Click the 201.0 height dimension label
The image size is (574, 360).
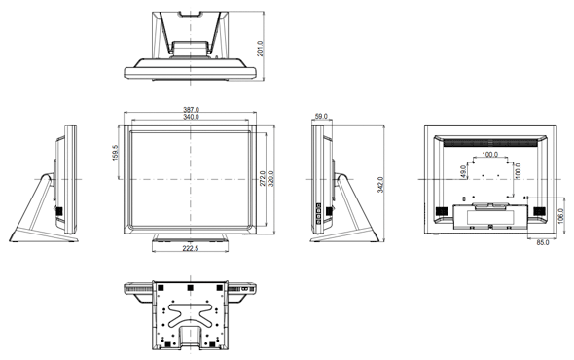pos(260,49)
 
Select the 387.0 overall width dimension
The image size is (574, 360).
pos(191,110)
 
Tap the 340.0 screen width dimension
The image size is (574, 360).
pos(191,117)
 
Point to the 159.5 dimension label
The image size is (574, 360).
pos(116,153)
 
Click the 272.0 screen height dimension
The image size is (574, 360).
pos(263,178)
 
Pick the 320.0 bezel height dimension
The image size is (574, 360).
pos(270,178)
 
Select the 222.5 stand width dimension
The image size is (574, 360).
pos(191,248)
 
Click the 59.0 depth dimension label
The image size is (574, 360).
pos(321,117)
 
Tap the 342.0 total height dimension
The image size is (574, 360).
pos(380,185)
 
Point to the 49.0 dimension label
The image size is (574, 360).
pos(463,171)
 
